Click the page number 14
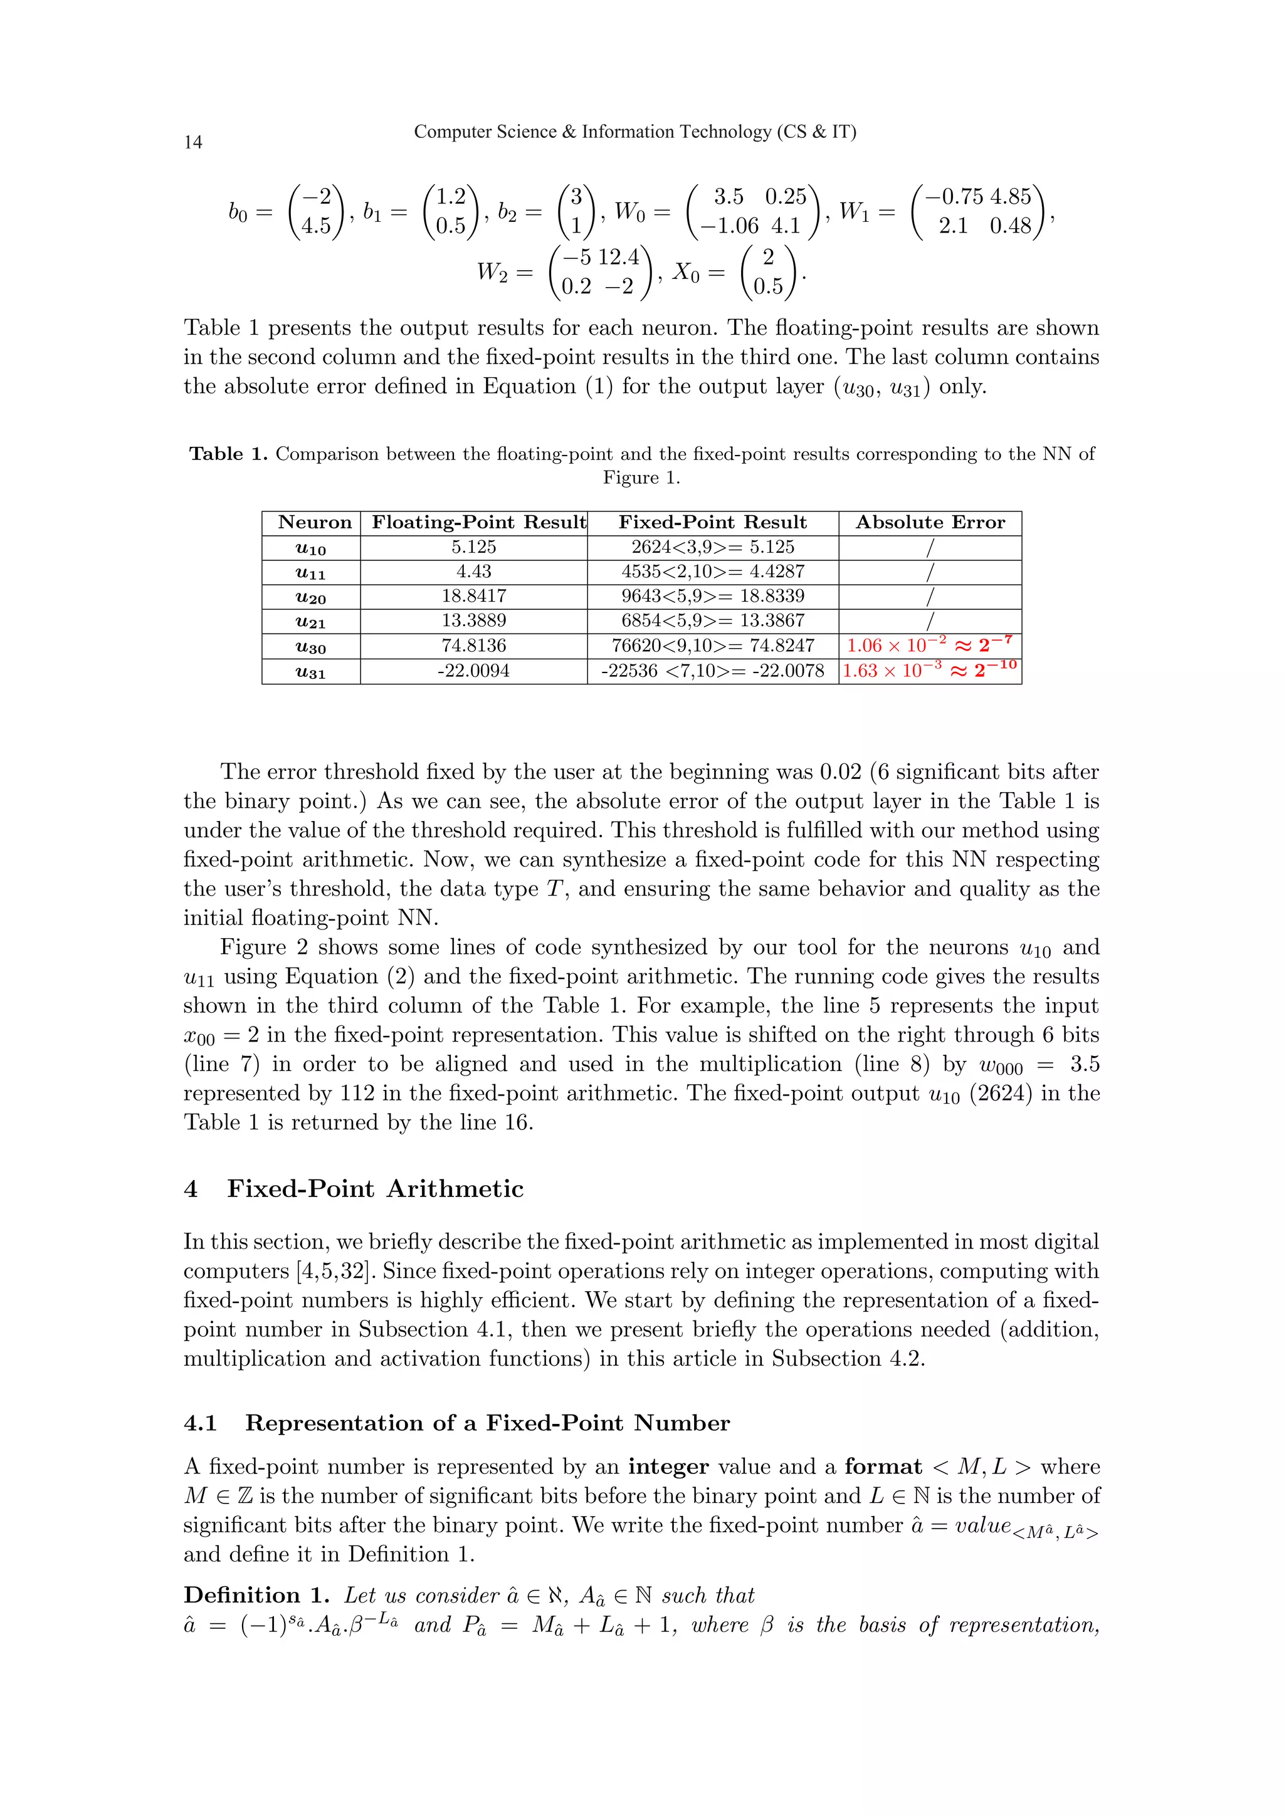[x=193, y=142]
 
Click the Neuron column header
[x=315, y=523]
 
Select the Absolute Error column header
[x=930, y=523]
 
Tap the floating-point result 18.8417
[x=473, y=596]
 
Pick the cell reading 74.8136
[x=473, y=646]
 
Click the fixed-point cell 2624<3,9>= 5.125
[x=712, y=547]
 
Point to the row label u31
[x=311, y=672]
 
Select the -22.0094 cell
[x=473, y=671]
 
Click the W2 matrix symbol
[x=492, y=272]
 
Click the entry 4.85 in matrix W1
[x=1011, y=197]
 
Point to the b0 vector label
[x=238, y=212]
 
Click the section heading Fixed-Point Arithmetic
[x=375, y=1189]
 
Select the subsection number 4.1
[x=200, y=1423]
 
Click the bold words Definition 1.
[x=256, y=1595]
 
